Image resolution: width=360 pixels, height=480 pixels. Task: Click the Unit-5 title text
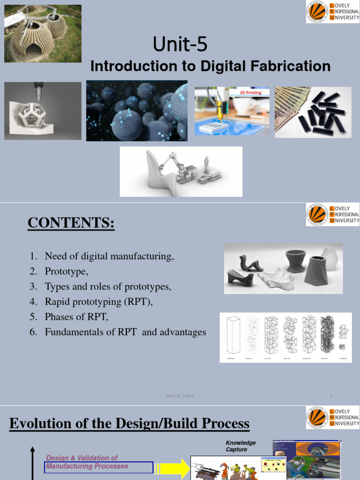(x=180, y=45)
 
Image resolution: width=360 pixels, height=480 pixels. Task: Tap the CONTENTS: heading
(x=71, y=223)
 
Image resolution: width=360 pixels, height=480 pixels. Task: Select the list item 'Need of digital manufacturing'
(x=109, y=256)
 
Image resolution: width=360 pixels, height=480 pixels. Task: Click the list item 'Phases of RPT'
(x=76, y=317)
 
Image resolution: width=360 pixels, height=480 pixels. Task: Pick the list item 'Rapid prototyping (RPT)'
(x=99, y=302)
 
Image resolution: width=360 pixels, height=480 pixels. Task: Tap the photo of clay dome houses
(x=43, y=34)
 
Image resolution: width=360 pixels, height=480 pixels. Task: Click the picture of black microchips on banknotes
(x=313, y=112)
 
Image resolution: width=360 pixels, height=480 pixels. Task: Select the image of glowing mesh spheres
(x=136, y=111)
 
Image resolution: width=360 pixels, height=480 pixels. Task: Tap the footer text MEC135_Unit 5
(x=180, y=396)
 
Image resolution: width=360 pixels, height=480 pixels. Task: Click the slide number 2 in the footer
(x=331, y=396)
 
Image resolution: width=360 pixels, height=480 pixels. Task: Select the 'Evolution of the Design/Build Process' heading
(x=129, y=424)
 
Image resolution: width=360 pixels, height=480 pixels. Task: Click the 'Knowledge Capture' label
(x=240, y=446)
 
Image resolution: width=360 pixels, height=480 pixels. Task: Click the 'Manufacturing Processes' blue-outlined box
(x=98, y=467)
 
